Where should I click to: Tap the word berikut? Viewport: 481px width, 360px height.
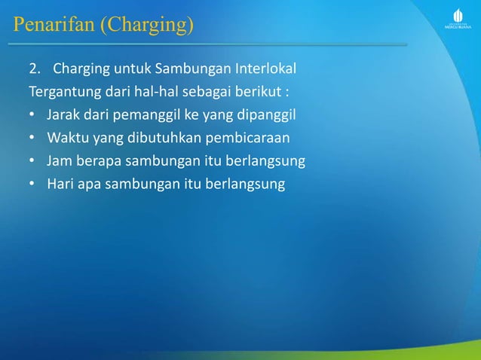pyautogui.click(x=271, y=94)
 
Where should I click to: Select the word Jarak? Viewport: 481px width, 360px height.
pyautogui.click(x=63, y=117)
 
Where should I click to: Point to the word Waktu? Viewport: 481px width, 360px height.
pyautogui.click(x=66, y=139)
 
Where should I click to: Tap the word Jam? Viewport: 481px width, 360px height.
pyautogui.click(x=59, y=162)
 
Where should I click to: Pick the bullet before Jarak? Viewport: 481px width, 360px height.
pyautogui.click(x=32, y=117)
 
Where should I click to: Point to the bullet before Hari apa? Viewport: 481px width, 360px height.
pyautogui.click(x=32, y=185)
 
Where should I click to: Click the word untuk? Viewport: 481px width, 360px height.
pyautogui.click(x=133, y=72)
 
